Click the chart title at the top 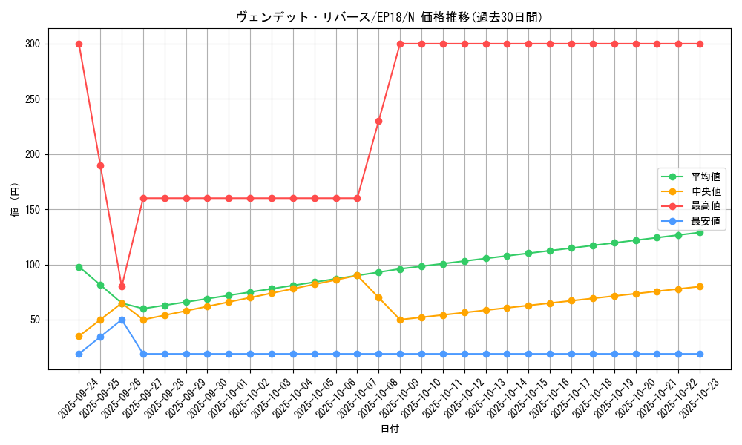(394, 17)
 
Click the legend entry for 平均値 (706, 177)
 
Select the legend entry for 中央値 (706, 191)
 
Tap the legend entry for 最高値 (706, 206)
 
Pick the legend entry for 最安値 (706, 221)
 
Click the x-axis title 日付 (390, 429)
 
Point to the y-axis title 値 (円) (15, 200)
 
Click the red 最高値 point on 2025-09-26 (122, 286)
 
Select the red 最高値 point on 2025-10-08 (378, 121)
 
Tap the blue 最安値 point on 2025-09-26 (122, 320)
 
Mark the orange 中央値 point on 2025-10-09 (400, 320)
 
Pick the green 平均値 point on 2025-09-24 (79, 267)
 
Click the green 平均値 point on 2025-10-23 (700, 232)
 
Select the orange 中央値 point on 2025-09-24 (79, 336)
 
